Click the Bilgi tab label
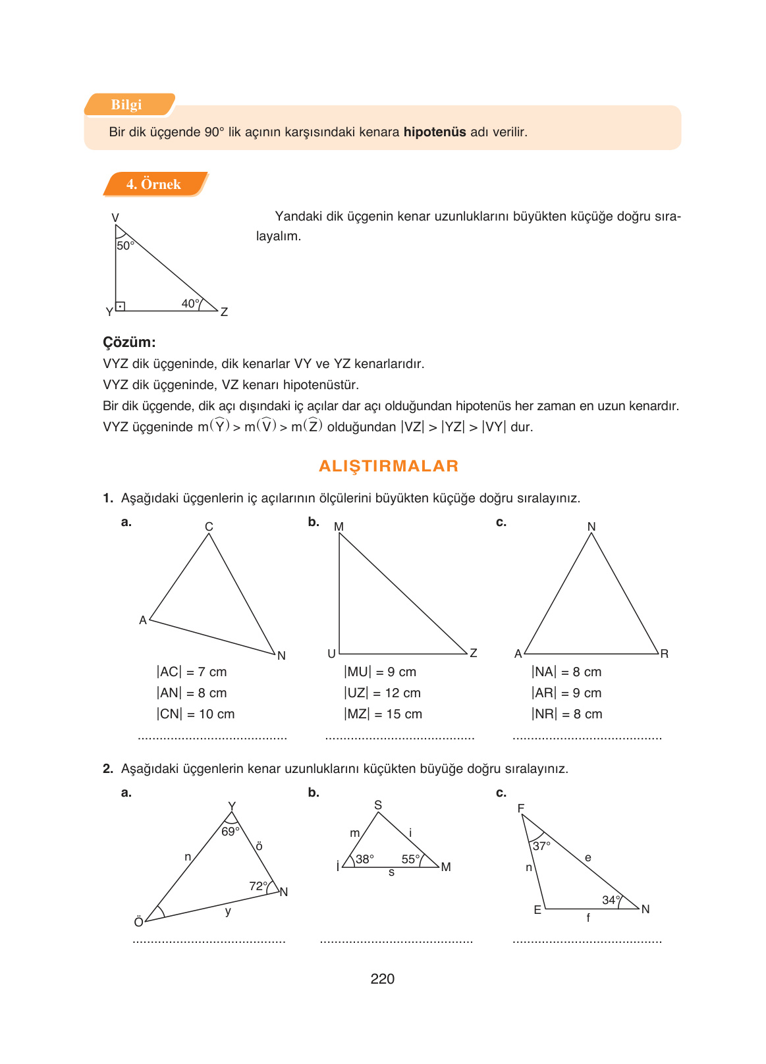click(x=126, y=105)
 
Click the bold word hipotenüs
click(x=435, y=132)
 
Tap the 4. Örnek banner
click(x=153, y=184)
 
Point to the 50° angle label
click(x=125, y=246)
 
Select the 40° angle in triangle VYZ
click(x=190, y=304)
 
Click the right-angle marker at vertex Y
click(x=121, y=306)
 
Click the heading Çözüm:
click(x=129, y=342)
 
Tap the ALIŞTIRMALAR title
click(x=389, y=466)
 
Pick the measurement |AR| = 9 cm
click(x=566, y=693)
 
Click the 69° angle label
click(x=230, y=832)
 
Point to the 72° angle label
click(x=258, y=886)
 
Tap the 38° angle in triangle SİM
click(x=364, y=859)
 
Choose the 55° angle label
click(x=410, y=859)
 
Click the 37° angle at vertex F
click(x=541, y=846)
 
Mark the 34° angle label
click(x=611, y=900)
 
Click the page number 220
click(x=383, y=979)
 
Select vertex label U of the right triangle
click(x=332, y=654)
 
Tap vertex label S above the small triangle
click(x=378, y=805)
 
